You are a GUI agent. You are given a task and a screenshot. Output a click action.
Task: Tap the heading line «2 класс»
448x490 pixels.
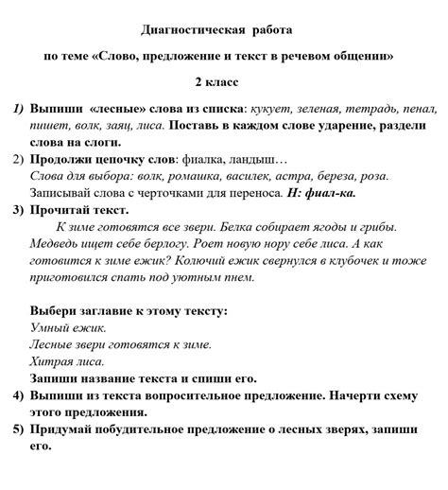point(223,82)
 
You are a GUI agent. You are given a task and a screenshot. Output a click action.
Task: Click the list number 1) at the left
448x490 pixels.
point(20,110)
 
